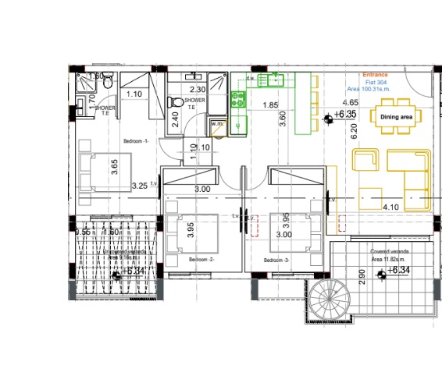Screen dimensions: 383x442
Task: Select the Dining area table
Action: pos(396,117)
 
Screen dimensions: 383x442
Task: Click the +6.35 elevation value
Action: pos(344,115)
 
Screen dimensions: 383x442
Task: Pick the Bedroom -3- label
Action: pos(276,259)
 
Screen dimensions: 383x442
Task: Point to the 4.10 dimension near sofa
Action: pos(391,207)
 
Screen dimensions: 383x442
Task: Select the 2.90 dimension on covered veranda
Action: pos(361,277)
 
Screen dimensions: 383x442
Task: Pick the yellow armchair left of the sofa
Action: pos(365,160)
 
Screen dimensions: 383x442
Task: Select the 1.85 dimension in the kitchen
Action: pos(271,105)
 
